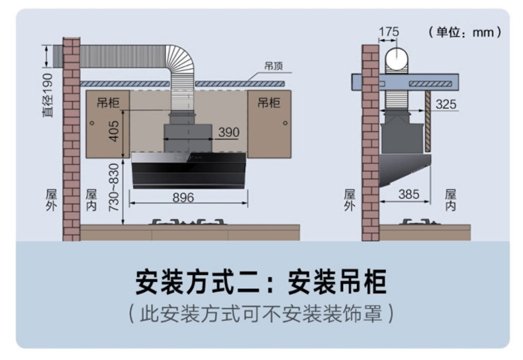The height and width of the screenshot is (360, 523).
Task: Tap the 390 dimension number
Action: pyautogui.click(x=228, y=132)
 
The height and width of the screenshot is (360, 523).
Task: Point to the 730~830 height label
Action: pyautogui.click(x=114, y=187)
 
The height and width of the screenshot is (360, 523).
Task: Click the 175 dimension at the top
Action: pyautogui.click(x=389, y=31)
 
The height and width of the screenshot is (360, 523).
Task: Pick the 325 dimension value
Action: pyautogui.click(x=446, y=105)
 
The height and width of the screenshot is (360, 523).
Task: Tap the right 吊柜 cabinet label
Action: pyautogui.click(x=269, y=103)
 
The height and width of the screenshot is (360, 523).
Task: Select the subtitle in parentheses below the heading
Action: pyautogui.click(x=261, y=312)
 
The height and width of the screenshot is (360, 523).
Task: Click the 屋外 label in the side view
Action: pyautogui.click(x=349, y=200)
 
